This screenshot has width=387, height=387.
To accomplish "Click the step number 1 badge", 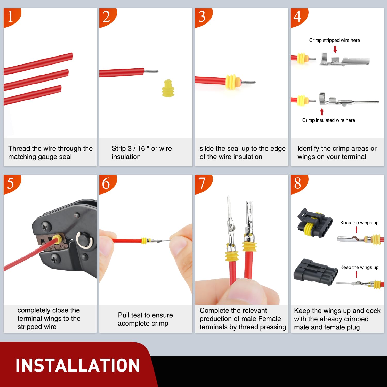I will pyautogui.click(x=11, y=17).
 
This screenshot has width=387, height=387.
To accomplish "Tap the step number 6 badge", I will pyautogui.click(x=106, y=183).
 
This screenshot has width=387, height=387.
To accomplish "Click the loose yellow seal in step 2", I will pyautogui.click(x=168, y=88).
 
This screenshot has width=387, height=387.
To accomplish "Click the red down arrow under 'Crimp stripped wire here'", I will pyautogui.click(x=335, y=49).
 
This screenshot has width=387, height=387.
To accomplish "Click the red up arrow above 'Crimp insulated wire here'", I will pyautogui.click(x=322, y=111).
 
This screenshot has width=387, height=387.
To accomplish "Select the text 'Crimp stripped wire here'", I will pyautogui.click(x=334, y=40).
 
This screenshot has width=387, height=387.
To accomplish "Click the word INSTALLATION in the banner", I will pyautogui.click(x=78, y=365).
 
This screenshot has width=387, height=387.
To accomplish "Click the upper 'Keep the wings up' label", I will pyautogui.click(x=359, y=223).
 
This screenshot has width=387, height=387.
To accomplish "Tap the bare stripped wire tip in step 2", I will pyautogui.click(x=151, y=71).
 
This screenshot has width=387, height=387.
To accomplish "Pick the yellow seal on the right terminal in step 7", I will pyautogui.click(x=249, y=246).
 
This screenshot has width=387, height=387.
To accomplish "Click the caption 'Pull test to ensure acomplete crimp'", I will pyautogui.click(x=146, y=319).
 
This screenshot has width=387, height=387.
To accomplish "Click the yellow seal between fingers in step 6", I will pyautogui.click(x=144, y=241).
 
